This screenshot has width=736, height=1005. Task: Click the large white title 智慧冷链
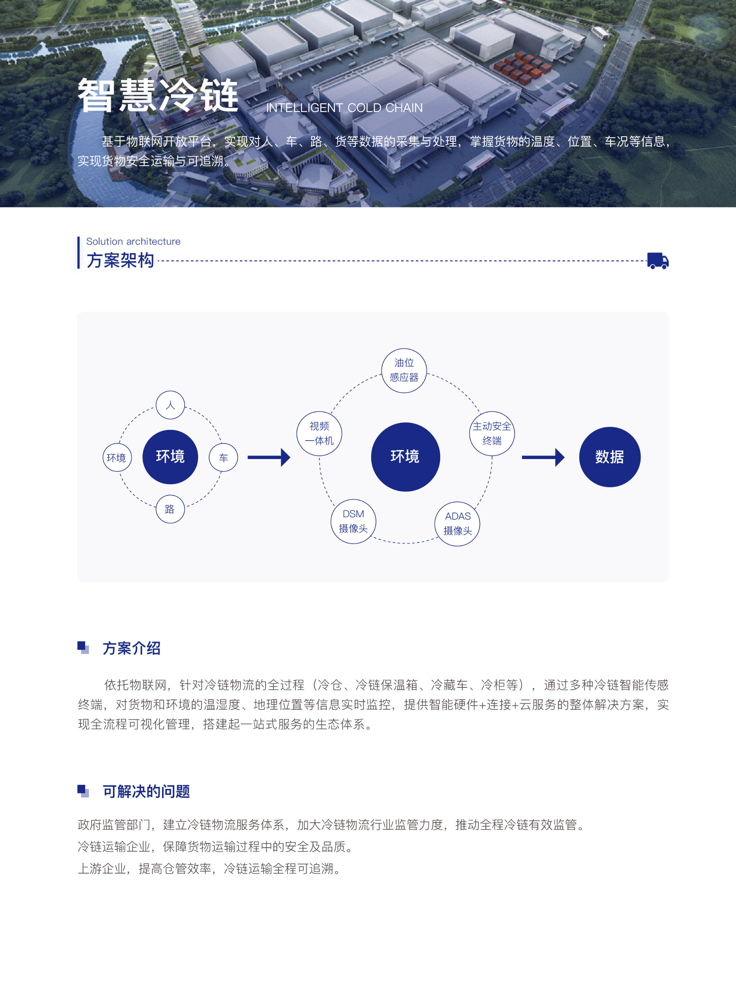click(x=158, y=95)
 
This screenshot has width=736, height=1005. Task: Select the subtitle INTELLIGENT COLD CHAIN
click(x=344, y=108)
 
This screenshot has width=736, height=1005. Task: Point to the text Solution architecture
click(x=133, y=241)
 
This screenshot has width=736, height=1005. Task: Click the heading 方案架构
click(x=120, y=260)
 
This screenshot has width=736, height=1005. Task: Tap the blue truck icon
click(x=658, y=261)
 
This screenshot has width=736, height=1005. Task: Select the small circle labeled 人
click(x=170, y=405)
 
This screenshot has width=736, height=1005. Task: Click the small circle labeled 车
click(x=223, y=457)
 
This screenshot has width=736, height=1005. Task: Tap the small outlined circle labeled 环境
click(x=117, y=457)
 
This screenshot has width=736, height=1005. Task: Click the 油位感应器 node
click(x=404, y=370)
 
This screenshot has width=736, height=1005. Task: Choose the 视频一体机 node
click(x=319, y=433)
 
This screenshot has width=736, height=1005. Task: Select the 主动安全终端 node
click(x=492, y=433)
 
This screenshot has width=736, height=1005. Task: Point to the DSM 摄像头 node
click(x=353, y=521)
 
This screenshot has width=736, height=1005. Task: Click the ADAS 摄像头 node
click(x=457, y=524)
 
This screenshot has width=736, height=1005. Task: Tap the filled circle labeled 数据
click(x=609, y=457)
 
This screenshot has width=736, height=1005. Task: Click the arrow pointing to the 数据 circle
click(x=543, y=457)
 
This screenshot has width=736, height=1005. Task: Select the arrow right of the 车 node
click(x=269, y=457)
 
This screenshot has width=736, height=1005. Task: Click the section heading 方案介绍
click(x=132, y=648)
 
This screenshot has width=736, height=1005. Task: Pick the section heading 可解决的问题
click(x=147, y=791)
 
